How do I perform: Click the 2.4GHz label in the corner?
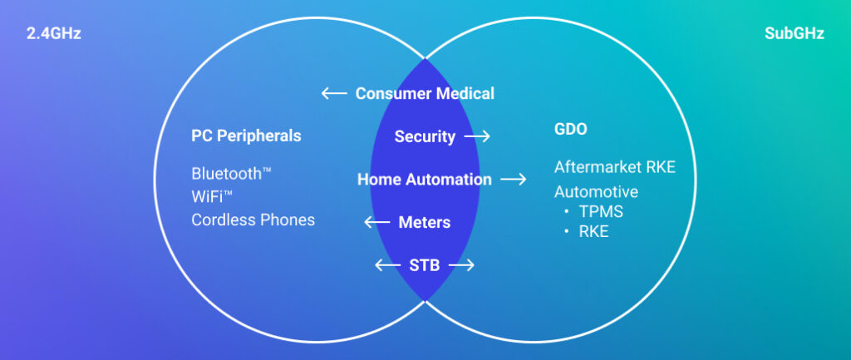tap(53, 34)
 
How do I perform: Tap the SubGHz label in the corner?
tap(794, 34)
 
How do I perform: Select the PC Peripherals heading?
tap(246, 136)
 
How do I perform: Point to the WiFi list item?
tap(211, 197)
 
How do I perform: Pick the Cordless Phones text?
tap(253, 219)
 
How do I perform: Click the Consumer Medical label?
tap(425, 93)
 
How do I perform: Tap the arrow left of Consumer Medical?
tap(334, 93)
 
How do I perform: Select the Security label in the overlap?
tap(425, 136)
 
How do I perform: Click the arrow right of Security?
tap(478, 136)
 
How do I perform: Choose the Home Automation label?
tap(425, 179)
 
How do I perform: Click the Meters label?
tap(425, 222)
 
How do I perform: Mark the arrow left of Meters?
tap(377, 222)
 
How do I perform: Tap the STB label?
tap(425, 265)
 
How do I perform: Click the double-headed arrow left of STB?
tap(386, 265)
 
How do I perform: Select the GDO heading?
tap(570, 130)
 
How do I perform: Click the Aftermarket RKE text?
tap(614, 167)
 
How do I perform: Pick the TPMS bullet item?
tap(600, 211)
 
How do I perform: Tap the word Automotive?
tap(596, 191)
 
